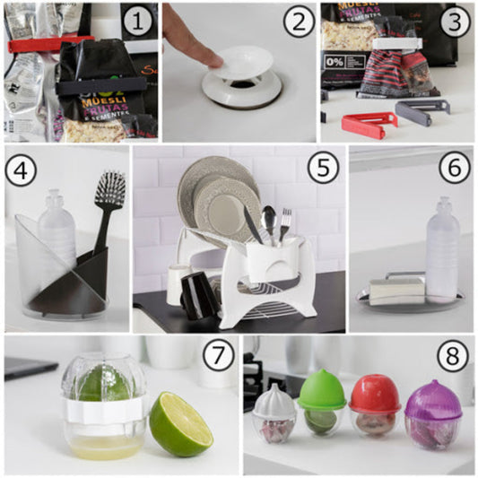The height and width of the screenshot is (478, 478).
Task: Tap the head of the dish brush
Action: tap(110, 189)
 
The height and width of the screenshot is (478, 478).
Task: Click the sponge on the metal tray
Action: tap(397, 289)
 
